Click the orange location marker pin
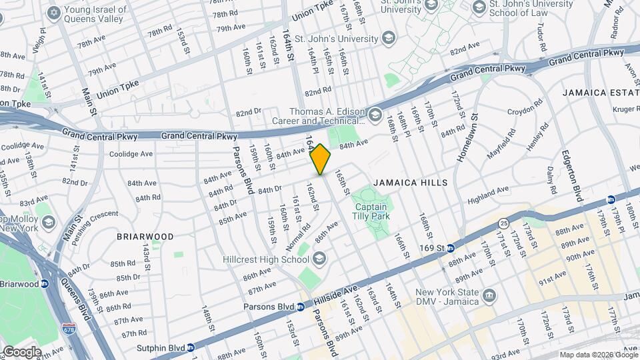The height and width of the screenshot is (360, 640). tap(321, 159)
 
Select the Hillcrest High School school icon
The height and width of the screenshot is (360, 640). tap(319, 259)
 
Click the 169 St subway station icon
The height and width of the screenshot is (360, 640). tap(450, 248)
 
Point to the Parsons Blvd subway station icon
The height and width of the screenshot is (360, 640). tap(301, 307)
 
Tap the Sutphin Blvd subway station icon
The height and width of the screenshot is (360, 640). tap(190, 347)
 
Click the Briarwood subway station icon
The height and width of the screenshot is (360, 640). tap(45, 283)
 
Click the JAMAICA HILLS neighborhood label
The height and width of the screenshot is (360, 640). tap(410, 182)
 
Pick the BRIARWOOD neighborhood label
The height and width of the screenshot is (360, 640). tap(145, 237)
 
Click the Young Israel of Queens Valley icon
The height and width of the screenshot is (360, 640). tap(53, 13)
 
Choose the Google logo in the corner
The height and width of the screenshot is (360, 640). tap(22, 352)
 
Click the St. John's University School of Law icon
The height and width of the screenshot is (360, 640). tap(478, 8)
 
